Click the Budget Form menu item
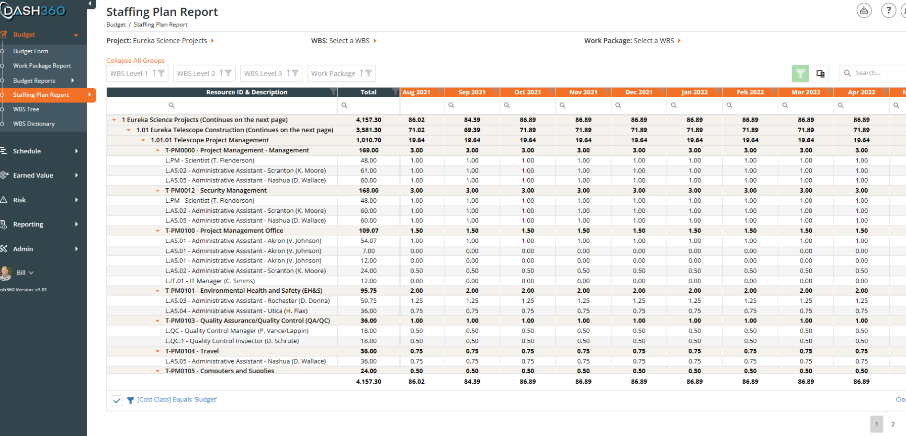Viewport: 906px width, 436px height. click(x=31, y=51)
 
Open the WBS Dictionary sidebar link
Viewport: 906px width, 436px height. click(x=34, y=124)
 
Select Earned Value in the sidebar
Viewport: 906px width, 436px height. click(x=33, y=175)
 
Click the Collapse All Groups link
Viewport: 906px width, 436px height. click(x=135, y=60)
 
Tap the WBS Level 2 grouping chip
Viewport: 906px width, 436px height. click(x=204, y=73)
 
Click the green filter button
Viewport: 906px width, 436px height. click(x=800, y=73)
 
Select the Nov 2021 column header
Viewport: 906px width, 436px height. click(x=583, y=92)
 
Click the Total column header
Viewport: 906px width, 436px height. click(x=368, y=92)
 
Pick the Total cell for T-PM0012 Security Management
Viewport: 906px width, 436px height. click(x=369, y=190)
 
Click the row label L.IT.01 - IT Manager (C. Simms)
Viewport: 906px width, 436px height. click(x=210, y=281)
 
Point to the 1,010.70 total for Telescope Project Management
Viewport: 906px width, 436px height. click(x=369, y=140)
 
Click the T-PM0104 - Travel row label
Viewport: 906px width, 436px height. click(x=192, y=351)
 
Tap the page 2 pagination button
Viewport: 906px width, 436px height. click(x=893, y=424)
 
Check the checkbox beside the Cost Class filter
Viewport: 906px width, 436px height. click(x=117, y=400)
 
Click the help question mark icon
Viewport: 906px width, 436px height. click(x=888, y=11)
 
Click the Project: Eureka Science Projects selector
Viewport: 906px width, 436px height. click(x=160, y=41)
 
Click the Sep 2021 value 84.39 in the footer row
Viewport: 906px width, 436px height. click(x=472, y=382)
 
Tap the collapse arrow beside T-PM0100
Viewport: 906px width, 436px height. click(x=158, y=230)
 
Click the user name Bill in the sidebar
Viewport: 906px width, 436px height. click(x=21, y=273)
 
